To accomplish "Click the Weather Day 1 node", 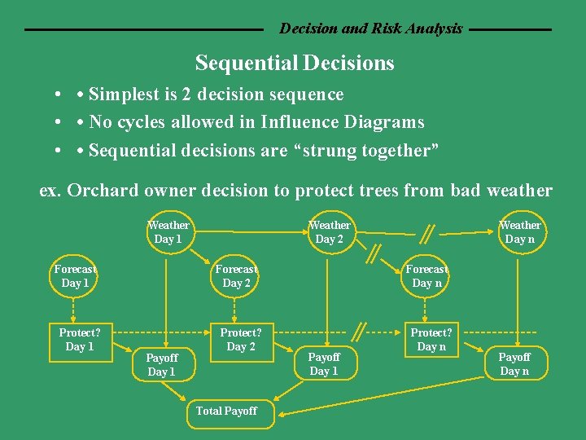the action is point(168,232).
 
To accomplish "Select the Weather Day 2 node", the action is point(330,232).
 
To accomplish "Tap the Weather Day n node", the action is point(519,232).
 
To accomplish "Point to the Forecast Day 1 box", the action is point(75,276).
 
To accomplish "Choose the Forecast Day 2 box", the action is point(236,276).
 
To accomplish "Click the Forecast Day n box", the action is point(426,276).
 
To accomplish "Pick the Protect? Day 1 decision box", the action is point(79,340).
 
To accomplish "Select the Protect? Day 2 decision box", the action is point(240,340).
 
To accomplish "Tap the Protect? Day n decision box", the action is point(431,340).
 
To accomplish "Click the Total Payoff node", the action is point(226,411).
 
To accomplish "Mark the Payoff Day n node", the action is point(514,364).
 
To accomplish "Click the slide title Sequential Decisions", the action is point(295,64).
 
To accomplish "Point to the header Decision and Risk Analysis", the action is point(370,29).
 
